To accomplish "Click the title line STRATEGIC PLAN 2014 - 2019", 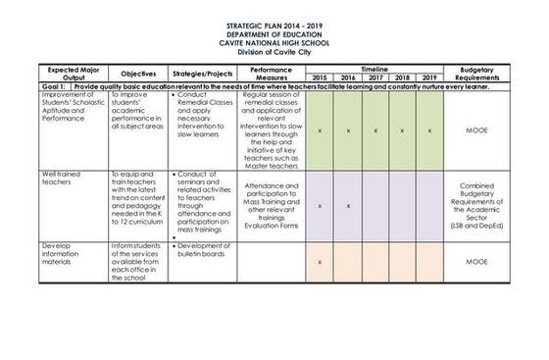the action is [274, 27].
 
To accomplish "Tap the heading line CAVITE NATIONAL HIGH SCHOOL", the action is [274, 44].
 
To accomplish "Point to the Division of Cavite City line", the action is [274, 52].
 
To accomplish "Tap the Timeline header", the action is [374, 69].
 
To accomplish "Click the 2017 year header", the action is [374, 77].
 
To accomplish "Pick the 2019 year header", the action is [428, 77].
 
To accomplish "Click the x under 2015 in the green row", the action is [321, 129].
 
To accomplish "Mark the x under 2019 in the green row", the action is [428, 129].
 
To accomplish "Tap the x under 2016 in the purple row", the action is [348, 206].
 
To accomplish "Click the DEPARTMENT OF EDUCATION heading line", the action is [274, 35].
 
